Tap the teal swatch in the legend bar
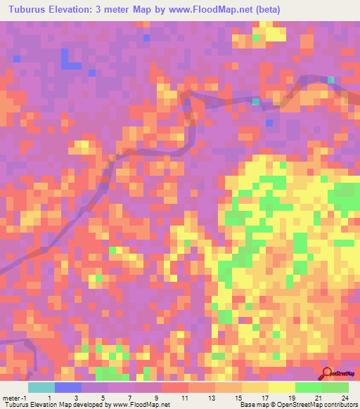41,387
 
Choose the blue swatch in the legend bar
68,387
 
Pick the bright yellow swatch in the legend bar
282,387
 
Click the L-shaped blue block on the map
69,61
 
